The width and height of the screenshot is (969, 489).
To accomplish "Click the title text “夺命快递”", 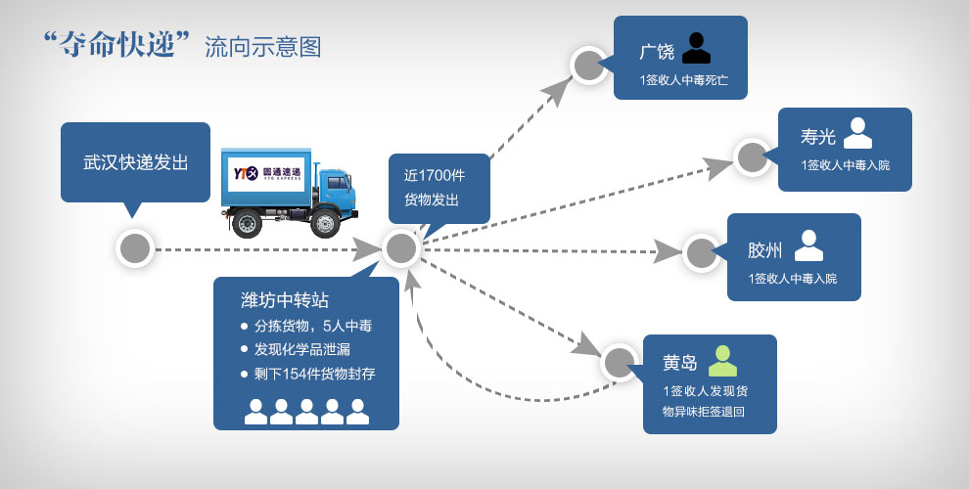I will pyautogui.click(x=116, y=45).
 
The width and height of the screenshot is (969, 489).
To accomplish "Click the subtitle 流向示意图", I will pyautogui.click(x=262, y=47).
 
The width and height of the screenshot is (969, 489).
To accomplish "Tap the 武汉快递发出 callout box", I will pyautogui.click(x=135, y=162).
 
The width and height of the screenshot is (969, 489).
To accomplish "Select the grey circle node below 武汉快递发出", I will pyautogui.click(x=135, y=248).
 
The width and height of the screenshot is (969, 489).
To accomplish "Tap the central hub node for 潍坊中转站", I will pyautogui.click(x=400, y=248).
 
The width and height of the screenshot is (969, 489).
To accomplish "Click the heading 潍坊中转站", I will pyautogui.click(x=285, y=299).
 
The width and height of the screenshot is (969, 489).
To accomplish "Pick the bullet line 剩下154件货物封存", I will pyautogui.click(x=314, y=374).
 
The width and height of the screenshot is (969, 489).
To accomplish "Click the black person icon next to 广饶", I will pyautogui.click(x=696, y=48).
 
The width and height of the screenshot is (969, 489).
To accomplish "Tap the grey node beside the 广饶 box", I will pyautogui.click(x=589, y=66).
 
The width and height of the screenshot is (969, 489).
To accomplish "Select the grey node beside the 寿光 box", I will pyautogui.click(x=752, y=157).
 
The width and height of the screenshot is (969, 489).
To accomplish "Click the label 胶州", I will pyautogui.click(x=764, y=249).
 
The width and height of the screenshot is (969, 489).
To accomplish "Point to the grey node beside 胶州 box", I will pyautogui.click(x=701, y=252).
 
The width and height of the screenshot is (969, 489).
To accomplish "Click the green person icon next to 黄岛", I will pyautogui.click(x=722, y=361).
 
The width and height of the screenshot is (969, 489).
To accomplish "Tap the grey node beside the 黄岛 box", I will pyautogui.click(x=619, y=363).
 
